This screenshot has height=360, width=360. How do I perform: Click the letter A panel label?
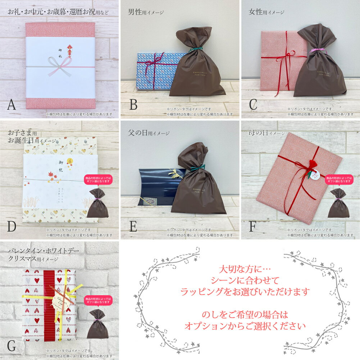[11, 104]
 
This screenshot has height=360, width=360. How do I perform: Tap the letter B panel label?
[133, 104]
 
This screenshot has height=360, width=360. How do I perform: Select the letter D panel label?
[12, 226]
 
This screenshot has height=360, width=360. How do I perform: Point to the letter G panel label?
[12, 346]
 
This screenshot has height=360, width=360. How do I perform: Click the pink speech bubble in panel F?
[338, 180]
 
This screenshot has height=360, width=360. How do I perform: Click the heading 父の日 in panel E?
[137, 133]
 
